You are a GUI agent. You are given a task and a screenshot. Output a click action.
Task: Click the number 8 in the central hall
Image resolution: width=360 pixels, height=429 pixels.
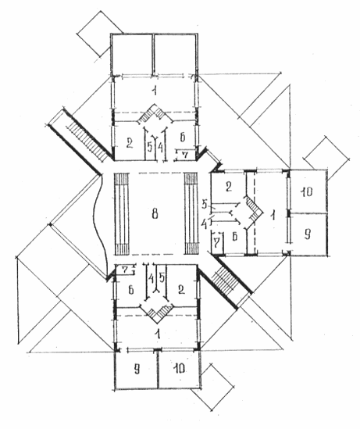click(155, 213)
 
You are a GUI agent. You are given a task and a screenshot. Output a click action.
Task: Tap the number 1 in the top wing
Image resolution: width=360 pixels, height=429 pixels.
click(155, 90)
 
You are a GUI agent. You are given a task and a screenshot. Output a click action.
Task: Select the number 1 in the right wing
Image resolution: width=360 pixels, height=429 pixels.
click(272, 216)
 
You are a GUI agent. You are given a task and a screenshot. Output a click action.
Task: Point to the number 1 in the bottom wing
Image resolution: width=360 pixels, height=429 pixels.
click(157, 334)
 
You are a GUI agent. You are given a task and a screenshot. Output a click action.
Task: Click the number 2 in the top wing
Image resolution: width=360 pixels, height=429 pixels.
click(130, 143)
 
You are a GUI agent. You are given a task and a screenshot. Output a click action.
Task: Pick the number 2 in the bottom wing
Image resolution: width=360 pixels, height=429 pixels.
click(181, 289)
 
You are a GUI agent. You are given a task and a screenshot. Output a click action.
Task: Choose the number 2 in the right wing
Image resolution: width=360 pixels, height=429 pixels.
click(229, 186)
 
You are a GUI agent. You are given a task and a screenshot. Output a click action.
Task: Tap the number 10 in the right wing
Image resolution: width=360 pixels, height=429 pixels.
click(307, 191)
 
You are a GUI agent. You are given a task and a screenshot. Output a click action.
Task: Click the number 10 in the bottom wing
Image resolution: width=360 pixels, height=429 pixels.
click(179, 369)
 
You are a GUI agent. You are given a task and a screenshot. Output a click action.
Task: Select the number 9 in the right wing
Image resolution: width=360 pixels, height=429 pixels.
click(307, 234)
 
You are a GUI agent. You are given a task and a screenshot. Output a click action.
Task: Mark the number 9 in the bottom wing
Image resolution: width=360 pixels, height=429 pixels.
click(137, 369)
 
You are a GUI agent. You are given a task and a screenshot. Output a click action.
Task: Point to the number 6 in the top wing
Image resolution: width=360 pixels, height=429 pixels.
click(183, 137)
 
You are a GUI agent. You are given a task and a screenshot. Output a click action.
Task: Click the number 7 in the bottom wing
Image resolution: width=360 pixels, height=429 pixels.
click(125, 270)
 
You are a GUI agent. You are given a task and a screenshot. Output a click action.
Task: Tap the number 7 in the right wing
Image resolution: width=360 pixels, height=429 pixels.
click(216, 242)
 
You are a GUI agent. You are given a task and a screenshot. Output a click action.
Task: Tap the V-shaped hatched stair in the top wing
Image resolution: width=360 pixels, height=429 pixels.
click(155, 114)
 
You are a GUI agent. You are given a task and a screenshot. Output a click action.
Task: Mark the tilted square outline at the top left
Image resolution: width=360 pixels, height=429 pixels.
click(99, 34)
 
